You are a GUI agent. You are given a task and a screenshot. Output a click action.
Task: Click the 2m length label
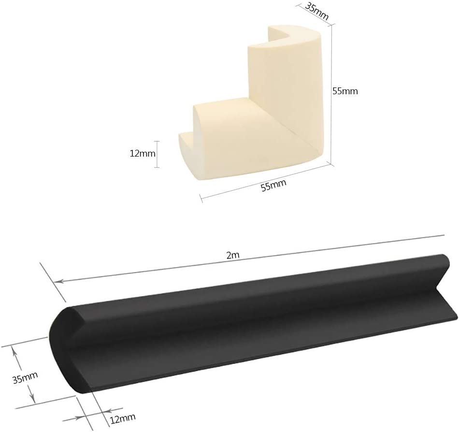coord(233,255)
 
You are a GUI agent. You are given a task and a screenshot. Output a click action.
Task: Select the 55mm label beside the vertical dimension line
coord(345,91)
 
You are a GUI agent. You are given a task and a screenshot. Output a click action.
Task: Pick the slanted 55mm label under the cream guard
coord(273,186)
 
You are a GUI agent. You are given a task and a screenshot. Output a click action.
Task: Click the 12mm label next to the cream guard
coord(143,153)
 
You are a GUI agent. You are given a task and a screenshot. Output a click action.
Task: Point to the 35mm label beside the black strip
coord(25,378)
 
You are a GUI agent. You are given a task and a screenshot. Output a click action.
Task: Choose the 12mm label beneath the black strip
coord(123,418)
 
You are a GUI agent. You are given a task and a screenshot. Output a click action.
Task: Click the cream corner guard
coord(255,103)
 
